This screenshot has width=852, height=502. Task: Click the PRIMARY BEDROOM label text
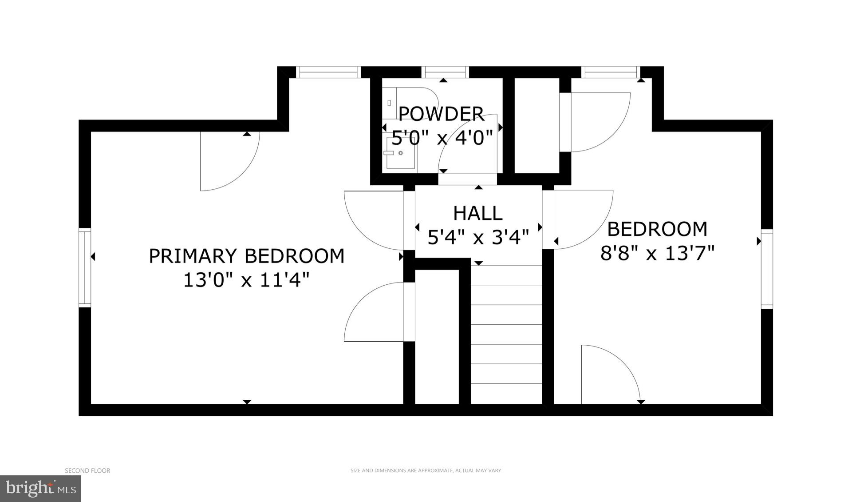click(x=246, y=256)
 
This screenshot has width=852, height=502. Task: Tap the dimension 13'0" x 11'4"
click(x=246, y=280)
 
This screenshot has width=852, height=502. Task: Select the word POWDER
click(x=441, y=114)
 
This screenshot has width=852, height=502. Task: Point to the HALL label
click(x=477, y=214)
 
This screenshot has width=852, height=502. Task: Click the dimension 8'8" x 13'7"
click(x=657, y=254)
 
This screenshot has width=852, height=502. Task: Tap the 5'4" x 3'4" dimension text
click(x=478, y=237)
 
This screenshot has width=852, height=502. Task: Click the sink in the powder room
click(x=400, y=153)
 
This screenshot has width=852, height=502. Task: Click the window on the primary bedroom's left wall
click(x=85, y=267)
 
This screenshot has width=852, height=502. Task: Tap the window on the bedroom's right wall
click(x=767, y=269)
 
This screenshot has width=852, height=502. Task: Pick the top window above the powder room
click(x=445, y=72)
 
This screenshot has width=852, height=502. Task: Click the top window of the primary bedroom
click(x=328, y=72)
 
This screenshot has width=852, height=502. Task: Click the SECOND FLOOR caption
click(x=87, y=470)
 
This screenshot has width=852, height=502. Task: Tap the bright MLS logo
click(x=40, y=489)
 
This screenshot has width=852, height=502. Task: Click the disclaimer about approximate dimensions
click(x=426, y=470)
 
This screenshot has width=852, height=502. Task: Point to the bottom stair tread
click(x=506, y=393)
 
